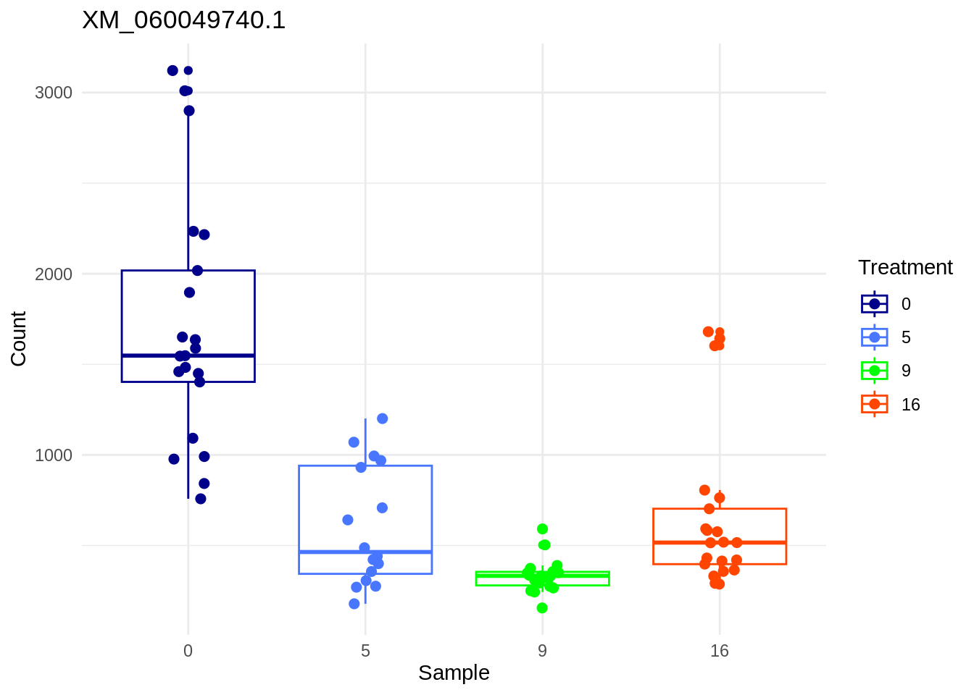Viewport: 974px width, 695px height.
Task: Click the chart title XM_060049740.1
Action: pyautogui.click(x=184, y=20)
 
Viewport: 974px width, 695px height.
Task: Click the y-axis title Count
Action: pyautogui.click(x=18, y=339)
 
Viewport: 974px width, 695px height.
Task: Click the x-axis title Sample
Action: pyautogui.click(x=454, y=673)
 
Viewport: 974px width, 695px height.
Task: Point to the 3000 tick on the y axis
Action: pyautogui.click(x=54, y=93)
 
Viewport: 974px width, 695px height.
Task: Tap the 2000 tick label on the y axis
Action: pyautogui.click(x=54, y=274)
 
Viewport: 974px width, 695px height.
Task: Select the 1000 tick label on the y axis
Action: pyautogui.click(x=54, y=455)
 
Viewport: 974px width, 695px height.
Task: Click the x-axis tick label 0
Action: pyautogui.click(x=188, y=651)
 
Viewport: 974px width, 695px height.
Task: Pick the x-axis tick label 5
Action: pyautogui.click(x=365, y=651)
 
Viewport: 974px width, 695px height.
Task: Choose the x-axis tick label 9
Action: pyautogui.click(x=542, y=651)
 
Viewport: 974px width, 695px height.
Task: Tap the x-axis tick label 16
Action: pyautogui.click(x=720, y=651)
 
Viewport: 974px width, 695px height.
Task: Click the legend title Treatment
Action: pyautogui.click(x=905, y=268)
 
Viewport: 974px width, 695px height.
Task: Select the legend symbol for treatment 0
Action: pyautogui.click(x=875, y=304)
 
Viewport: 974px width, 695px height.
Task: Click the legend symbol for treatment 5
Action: pyautogui.click(x=875, y=337)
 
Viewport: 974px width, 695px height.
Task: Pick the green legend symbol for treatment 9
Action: pyautogui.click(x=875, y=371)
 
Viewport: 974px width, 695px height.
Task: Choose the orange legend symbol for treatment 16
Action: pyautogui.click(x=875, y=404)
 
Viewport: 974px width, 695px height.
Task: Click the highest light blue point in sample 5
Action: pyautogui.click(x=383, y=418)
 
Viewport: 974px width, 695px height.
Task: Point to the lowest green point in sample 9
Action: pyautogui.click(x=542, y=608)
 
